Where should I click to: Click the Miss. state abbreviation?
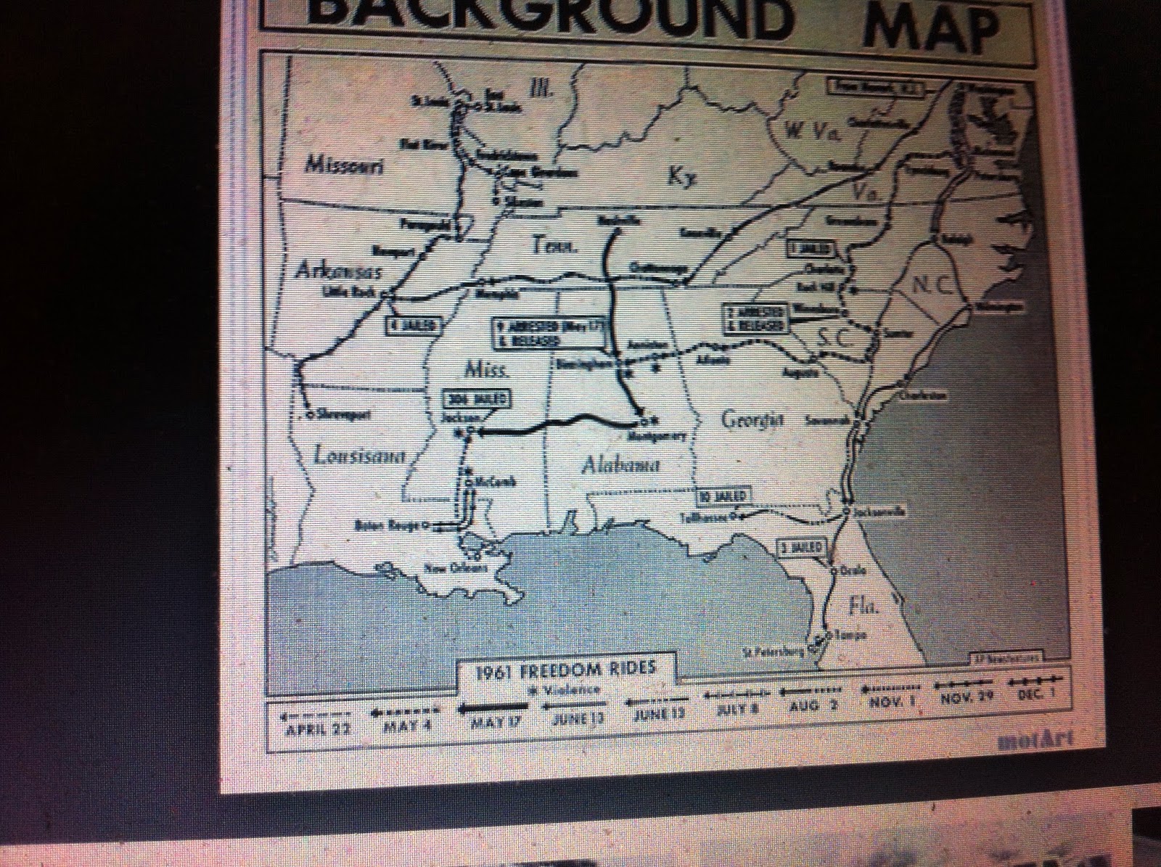(476, 371)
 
